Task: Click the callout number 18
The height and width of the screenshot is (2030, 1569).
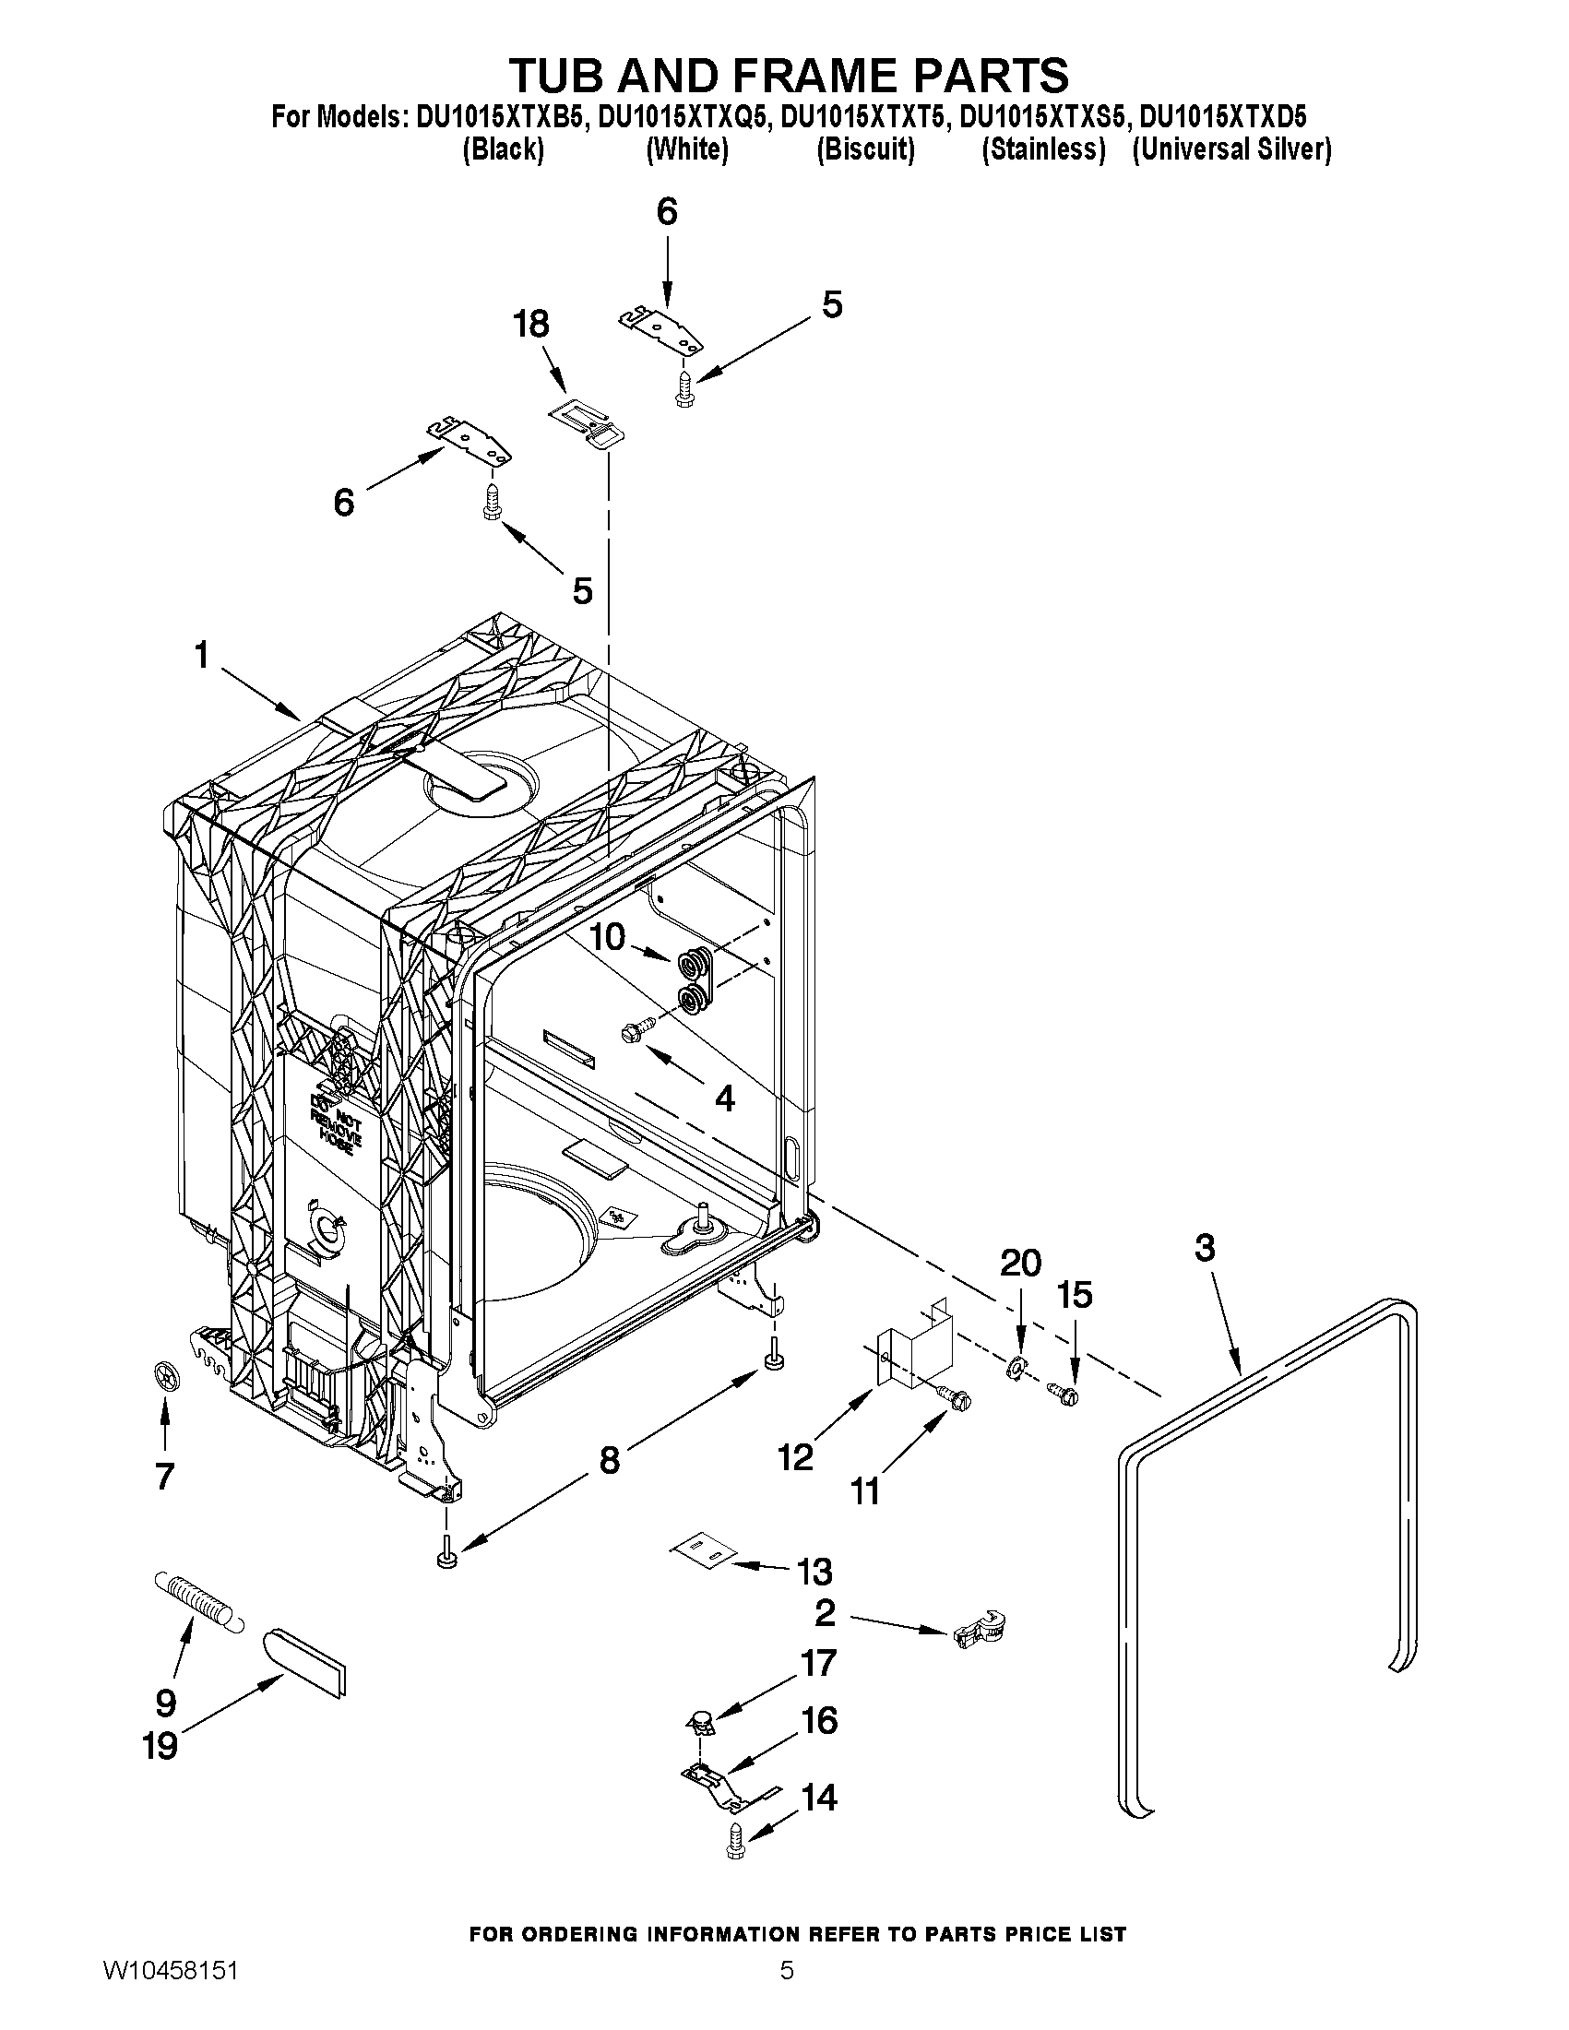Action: pyautogui.click(x=531, y=325)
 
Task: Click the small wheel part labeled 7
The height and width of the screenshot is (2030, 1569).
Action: pyautogui.click(x=165, y=1377)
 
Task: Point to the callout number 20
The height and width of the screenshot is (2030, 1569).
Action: pyautogui.click(x=1019, y=1264)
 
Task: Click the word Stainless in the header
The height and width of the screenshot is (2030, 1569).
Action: pyautogui.click(x=1044, y=148)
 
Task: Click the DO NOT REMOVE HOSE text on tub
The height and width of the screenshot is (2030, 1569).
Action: pyautogui.click(x=335, y=1122)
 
